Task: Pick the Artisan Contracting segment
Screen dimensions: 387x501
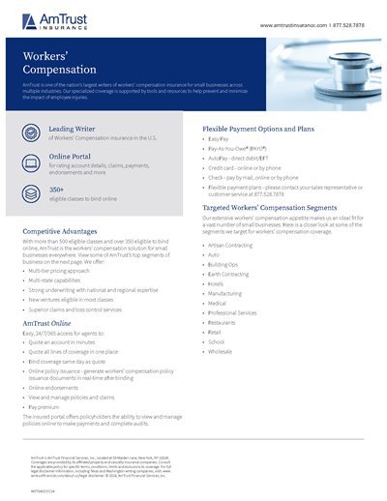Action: [232, 246]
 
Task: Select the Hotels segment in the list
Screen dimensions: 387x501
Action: [218, 283]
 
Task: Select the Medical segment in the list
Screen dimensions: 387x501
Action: [218, 303]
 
